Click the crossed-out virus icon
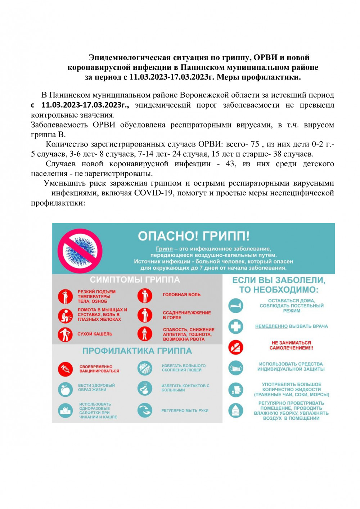tap(80, 251)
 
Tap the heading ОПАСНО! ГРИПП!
tap(194, 236)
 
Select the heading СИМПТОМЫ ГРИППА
tap(135, 280)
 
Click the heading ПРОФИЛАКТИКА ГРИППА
tap(137, 351)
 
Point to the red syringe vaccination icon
tap(65, 369)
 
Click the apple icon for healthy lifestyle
tap(65, 389)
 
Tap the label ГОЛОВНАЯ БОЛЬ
tap(181, 294)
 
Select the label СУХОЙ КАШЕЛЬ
tap(95, 334)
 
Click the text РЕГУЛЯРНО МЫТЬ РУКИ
tap(185, 410)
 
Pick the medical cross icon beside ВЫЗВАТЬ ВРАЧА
tap(236, 326)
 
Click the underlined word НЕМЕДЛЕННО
tap(271, 326)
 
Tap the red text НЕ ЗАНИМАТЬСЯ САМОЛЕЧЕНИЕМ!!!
tap(291, 345)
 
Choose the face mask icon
tap(236, 368)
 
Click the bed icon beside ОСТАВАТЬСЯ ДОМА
tap(236, 306)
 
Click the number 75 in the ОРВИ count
tap(255, 144)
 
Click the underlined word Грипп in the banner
tap(164, 249)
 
